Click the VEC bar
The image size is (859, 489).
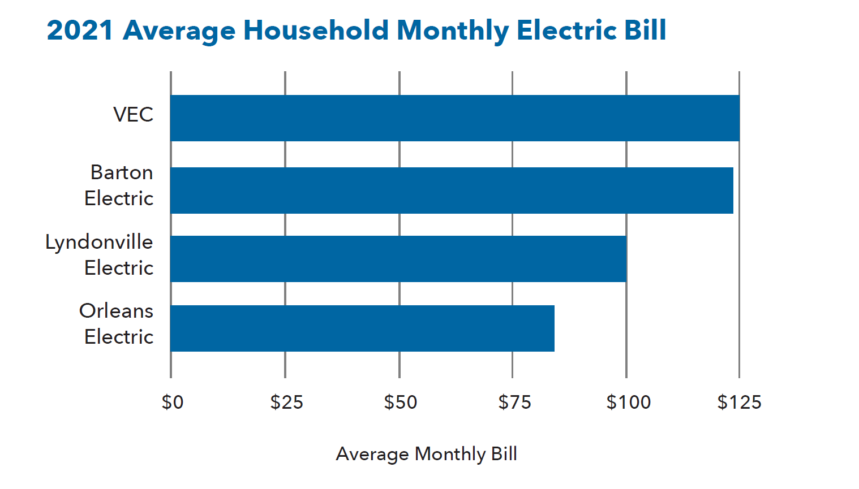454,118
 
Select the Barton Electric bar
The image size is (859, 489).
452,191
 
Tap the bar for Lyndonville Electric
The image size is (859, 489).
398,259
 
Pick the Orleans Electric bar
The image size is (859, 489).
362,328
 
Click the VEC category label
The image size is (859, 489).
133,115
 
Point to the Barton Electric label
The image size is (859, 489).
119,185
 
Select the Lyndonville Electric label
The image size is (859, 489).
100,255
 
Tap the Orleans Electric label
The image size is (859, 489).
117,324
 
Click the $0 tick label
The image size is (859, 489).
173,402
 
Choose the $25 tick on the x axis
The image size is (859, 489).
286,402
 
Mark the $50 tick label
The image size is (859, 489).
400,402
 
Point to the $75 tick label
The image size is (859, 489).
514,402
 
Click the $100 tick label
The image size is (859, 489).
628,402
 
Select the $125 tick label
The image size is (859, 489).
739,402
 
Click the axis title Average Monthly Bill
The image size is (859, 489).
426,454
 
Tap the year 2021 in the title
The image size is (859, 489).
80,31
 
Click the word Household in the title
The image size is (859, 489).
316,31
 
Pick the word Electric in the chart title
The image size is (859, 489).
566,31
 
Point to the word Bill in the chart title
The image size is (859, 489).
645,31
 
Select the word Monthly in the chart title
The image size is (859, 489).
453,31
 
